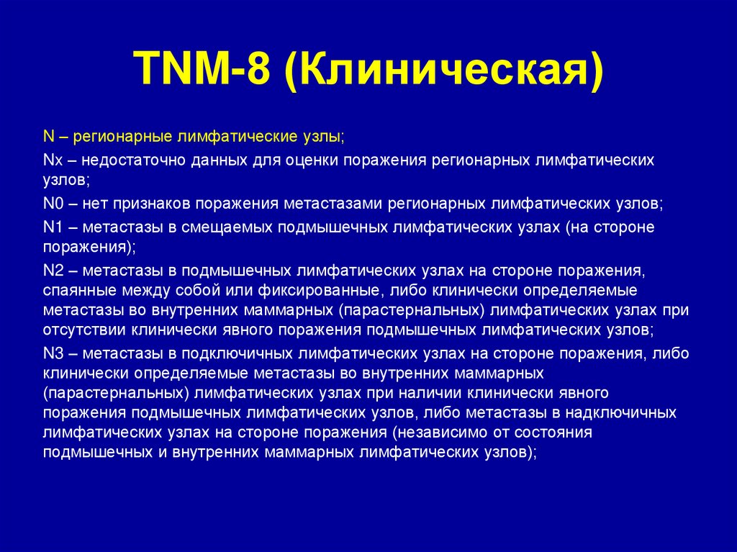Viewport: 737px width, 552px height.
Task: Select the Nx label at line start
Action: (x=52, y=159)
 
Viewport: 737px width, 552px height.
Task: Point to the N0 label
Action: (x=53, y=204)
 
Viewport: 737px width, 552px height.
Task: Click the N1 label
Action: (x=53, y=227)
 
